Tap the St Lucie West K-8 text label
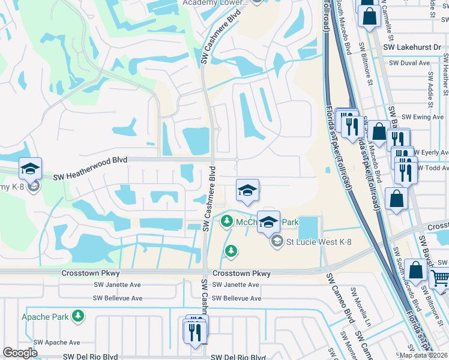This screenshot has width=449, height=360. tap(319, 242)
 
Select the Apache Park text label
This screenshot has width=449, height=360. tap(44, 316)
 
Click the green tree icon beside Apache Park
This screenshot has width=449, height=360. tap(77, 316)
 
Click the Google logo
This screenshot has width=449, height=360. tap(20, 353)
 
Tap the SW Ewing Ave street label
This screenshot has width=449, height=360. tap(423, 117)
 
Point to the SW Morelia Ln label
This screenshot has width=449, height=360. tap(360, 308)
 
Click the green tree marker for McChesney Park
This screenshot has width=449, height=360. tap(226, 222)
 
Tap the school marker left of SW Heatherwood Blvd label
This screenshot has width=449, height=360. tap(30, 169)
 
